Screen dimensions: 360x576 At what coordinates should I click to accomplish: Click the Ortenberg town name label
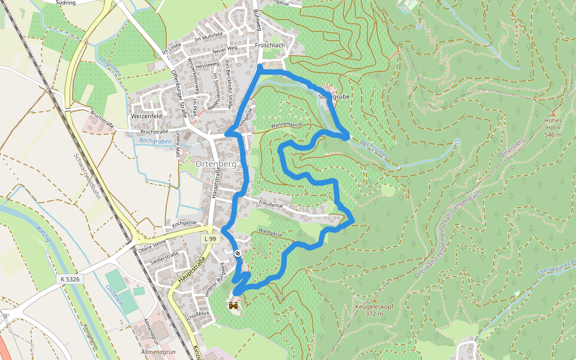[x=214, y=164]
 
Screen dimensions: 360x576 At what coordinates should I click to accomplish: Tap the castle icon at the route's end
[x=233, y=305]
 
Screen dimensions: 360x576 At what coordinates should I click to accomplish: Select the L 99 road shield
[x=209, y=239]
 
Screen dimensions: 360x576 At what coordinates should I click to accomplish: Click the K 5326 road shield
[x=70, y=279]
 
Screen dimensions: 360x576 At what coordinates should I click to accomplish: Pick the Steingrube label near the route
[x=334, y=96]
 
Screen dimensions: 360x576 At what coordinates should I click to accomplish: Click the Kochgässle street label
[x=185, y=223]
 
